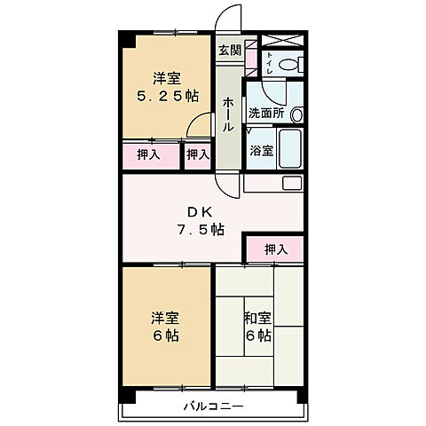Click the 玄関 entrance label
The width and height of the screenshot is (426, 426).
(x=229, y=50)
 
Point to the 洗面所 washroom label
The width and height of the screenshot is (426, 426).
(x=264, y=114)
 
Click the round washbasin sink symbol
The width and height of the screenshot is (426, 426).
(x=297, y=114)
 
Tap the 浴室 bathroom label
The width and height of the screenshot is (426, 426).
(x=261, y=151)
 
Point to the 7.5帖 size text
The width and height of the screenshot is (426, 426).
(x=199, y=230)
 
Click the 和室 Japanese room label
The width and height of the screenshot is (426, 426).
(x=258, y=317)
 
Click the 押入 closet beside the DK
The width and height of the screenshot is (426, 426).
(x=276, y=249)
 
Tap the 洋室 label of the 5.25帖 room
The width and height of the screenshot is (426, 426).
(x=163, y=77)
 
